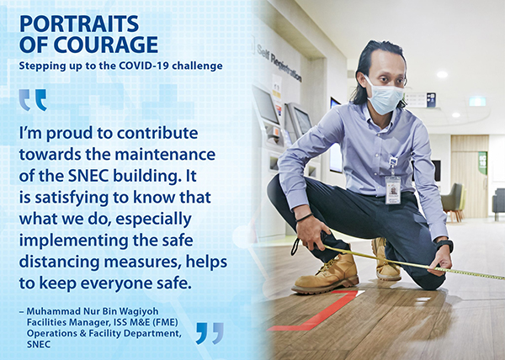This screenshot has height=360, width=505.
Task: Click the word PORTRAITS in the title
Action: pyautogui.click(x=79, y=24)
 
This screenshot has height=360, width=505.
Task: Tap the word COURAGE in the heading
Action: pyautogui.click(x=106, y=45)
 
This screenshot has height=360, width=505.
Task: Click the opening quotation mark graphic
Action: pyautogui.click(x=33, y=100)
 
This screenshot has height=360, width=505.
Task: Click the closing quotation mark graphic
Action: pyautogui.click(x=210, y=333)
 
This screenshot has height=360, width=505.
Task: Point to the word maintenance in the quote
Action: pyautogui.click(x=166, y=155)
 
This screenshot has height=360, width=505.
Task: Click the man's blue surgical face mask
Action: pyautogui.click(x=385, y=96)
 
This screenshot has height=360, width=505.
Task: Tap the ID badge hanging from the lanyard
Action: pyautogui.click(x=393, y=190)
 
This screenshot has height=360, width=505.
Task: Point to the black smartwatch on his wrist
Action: pyautogui.click(x=445, y=245)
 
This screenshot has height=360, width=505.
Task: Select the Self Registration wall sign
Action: pyautogui.click(x=279, y=63)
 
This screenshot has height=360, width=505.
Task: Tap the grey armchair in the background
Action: pyautogui.click(x=453, y=202)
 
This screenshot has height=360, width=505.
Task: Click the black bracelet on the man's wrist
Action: pyautogui.click(x=305, y=218)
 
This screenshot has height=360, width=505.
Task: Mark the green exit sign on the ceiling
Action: pyautogui.click(x=477, y=101)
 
